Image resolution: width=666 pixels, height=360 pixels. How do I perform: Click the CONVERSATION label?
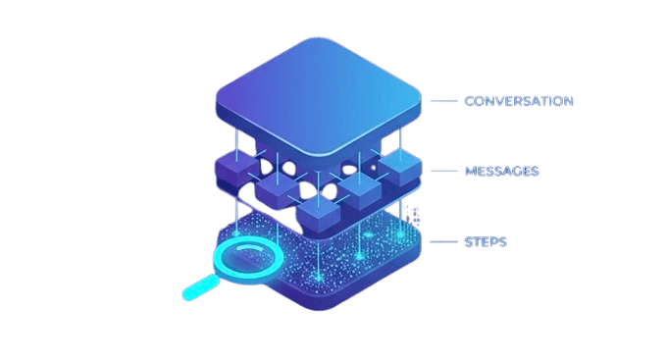pyautogui.click(x=518, y=101)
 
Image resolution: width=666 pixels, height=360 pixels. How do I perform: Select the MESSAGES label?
pyautogui.click(x=501, y=172)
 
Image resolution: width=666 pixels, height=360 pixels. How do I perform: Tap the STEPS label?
pyautogui.click(x=485, y=242)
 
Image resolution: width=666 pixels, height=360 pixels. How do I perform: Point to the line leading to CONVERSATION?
pyautogui.click(x=444, y=101)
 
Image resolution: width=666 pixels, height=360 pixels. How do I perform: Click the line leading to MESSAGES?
pyautogui.click(x=444, y=172)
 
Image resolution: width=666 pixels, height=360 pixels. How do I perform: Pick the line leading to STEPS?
pyautogui.click(x=444, y=242)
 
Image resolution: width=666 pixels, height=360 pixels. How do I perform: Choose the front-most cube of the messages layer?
pyautogui.click(x=317, y=209)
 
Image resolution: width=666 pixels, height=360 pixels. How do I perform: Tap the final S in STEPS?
pyautogui.click(x=502, y=242)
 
